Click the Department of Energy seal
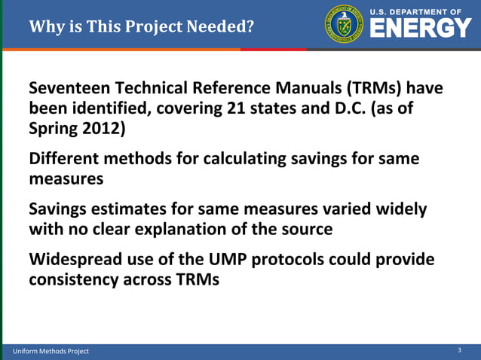tap(344, 24)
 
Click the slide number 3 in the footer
tap(460, 350)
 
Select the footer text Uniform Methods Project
tap(51, 351)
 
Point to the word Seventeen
tap(69, 88)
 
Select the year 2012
tap(103, 127)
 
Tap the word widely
tap(400, 209)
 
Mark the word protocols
tap(290, 260)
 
